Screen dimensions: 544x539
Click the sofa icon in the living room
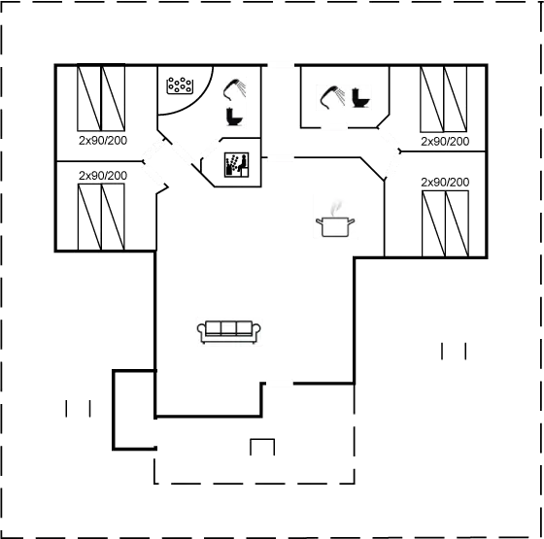pos(229,331)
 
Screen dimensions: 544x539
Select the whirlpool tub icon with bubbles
pos(180,85)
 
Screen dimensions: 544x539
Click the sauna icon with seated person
pos(236,165)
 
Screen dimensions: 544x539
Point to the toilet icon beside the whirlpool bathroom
pos(234,117)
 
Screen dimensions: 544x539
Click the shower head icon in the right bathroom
pos(332,97)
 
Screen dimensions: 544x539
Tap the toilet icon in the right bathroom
pos(360,98)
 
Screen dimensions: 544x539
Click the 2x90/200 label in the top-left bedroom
pos(103,141)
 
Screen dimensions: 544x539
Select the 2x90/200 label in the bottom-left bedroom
pos(103,176)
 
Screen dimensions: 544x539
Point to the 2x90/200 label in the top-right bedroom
pos(445,142)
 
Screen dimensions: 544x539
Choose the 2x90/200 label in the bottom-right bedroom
pos(445,183)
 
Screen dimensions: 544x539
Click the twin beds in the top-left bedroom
pos(101,98)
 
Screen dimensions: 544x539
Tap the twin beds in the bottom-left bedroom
pos(101,217)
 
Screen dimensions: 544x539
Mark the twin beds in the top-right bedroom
pos(443,99)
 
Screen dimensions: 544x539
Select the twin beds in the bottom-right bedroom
pos(446,223)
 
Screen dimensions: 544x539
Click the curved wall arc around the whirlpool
pos(200,101)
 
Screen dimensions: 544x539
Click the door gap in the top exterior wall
pos(281,65)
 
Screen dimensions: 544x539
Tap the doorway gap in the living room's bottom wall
pos(280,384)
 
